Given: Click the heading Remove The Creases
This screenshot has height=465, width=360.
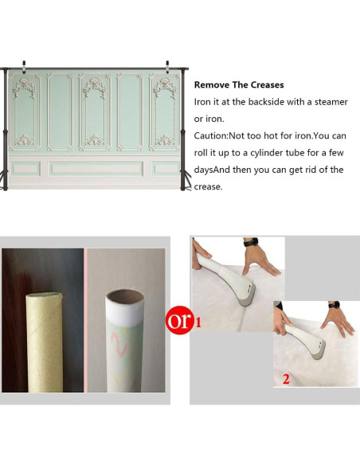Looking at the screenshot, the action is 239,85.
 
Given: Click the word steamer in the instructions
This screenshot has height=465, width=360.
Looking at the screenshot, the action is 331,102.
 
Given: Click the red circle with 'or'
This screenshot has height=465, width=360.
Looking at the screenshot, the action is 178,321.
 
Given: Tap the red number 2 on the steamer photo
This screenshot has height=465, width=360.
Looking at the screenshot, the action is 286,379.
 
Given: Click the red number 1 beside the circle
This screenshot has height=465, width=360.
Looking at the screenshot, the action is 198,322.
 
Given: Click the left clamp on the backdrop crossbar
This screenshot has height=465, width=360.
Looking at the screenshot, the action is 24,67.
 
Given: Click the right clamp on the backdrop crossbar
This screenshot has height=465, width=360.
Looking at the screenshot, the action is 167,67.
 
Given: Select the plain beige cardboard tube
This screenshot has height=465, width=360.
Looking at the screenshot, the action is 45,342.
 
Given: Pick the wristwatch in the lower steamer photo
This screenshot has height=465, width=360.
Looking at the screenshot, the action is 334,305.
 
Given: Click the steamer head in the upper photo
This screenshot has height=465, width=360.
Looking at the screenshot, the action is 247,296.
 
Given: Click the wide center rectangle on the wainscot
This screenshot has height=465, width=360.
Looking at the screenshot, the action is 96,169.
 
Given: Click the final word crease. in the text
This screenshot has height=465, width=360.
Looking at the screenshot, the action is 208,187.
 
